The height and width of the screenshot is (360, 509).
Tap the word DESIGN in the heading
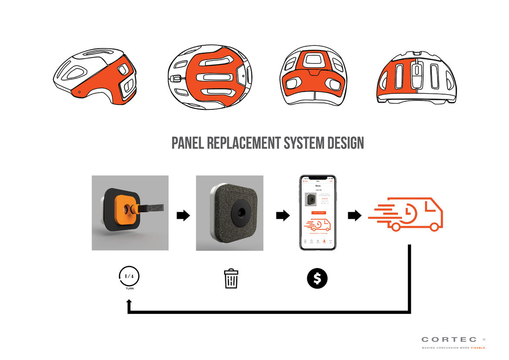(343, 143)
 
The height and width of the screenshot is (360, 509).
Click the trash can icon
(231, 278)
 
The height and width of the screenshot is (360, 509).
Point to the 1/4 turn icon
(129, 277)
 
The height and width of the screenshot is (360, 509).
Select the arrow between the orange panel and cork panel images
(183, 215)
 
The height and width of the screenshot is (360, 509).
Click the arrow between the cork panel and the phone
(283, 215)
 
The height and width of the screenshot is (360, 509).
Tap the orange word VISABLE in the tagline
(478, 348)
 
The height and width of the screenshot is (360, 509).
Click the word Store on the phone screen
(317, 186)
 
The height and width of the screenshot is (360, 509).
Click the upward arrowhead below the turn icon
(129, 302)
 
